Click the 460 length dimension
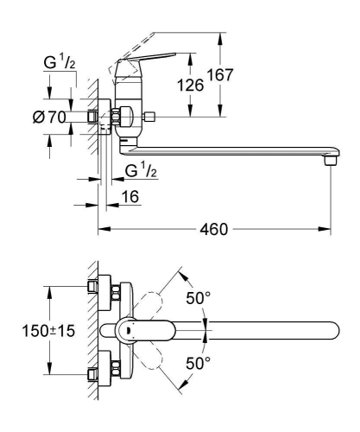tap(213, 230)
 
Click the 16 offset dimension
tap(130, 197)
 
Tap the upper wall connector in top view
tap(102, 289)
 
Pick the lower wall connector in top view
tap(102, 374)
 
